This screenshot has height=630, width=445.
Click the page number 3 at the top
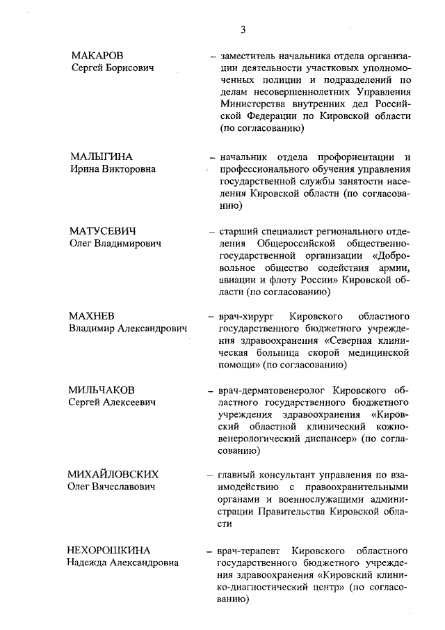(243, 29)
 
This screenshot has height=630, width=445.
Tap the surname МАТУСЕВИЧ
(102, 230)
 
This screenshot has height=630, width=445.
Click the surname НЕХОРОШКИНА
(109, 550)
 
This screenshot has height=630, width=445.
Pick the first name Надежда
(88, 562)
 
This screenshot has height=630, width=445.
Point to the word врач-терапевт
(250, 551)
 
